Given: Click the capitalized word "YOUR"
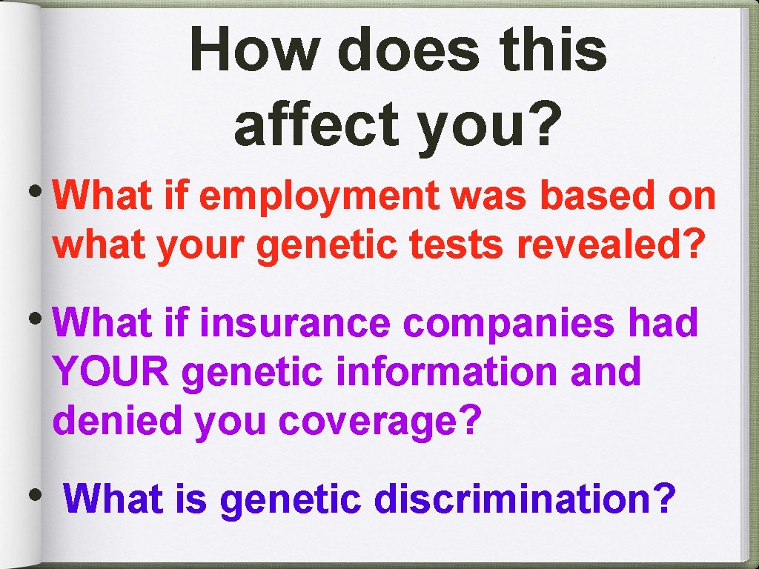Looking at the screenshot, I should click(x=112, y=372).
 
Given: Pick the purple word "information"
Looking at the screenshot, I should click(x=447, y=372).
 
